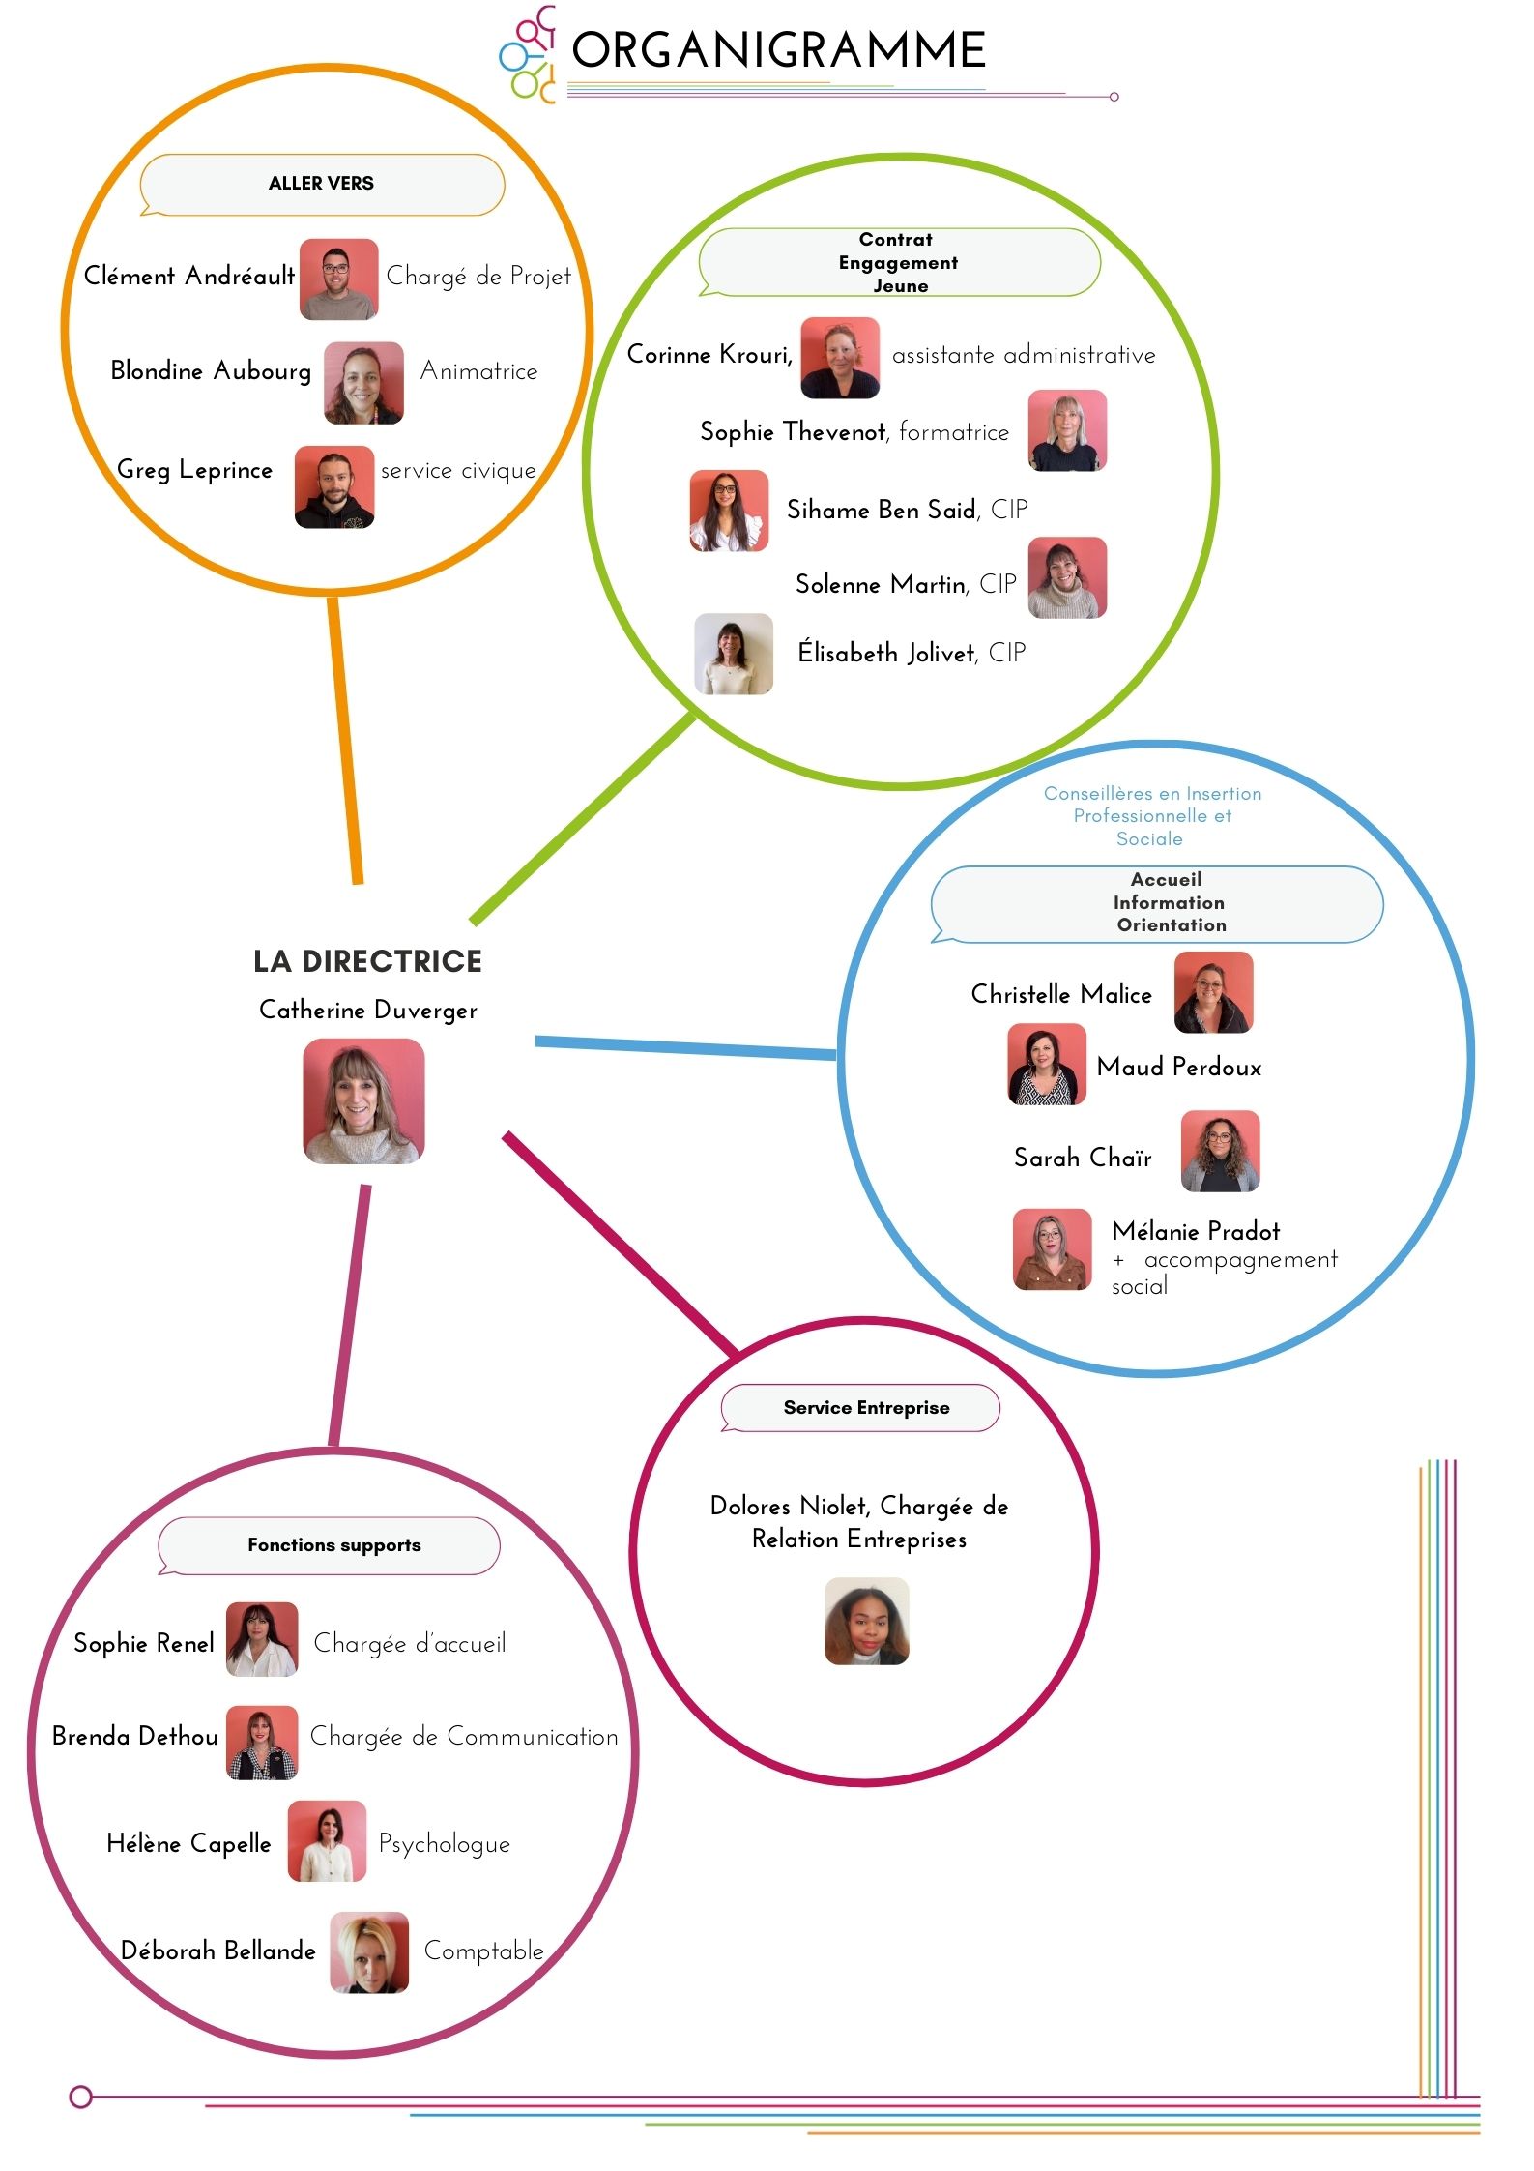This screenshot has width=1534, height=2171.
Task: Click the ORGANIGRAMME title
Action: pos(778,50)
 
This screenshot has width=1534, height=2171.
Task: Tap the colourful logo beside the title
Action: pos(528,54)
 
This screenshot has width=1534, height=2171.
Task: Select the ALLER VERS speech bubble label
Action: pos(322,184)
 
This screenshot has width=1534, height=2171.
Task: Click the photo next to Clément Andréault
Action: pos(338,279)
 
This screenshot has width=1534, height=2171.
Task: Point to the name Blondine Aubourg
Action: pos(211,371)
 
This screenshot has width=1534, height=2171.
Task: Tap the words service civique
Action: pos(458,471)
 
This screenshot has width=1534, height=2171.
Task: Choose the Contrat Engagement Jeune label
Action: pos(899,262)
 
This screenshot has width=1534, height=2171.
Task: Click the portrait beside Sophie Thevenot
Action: pos(1066,430)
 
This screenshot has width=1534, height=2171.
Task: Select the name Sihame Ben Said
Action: pos(881,510)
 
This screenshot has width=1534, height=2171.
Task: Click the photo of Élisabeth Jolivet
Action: pos(734,654)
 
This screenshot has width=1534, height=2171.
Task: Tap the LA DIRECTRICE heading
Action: pos(367,961)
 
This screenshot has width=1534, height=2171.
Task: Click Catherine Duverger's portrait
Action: pos(363,1100)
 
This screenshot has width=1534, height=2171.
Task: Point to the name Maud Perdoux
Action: pos(1179,1068)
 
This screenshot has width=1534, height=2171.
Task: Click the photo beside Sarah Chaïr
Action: pos(1220,1151)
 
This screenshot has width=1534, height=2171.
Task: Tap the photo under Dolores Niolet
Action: pos(867,1621)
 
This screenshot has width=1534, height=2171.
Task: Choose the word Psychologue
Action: pos(444,1844)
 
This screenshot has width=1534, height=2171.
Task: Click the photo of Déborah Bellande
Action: pos(369,1952)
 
